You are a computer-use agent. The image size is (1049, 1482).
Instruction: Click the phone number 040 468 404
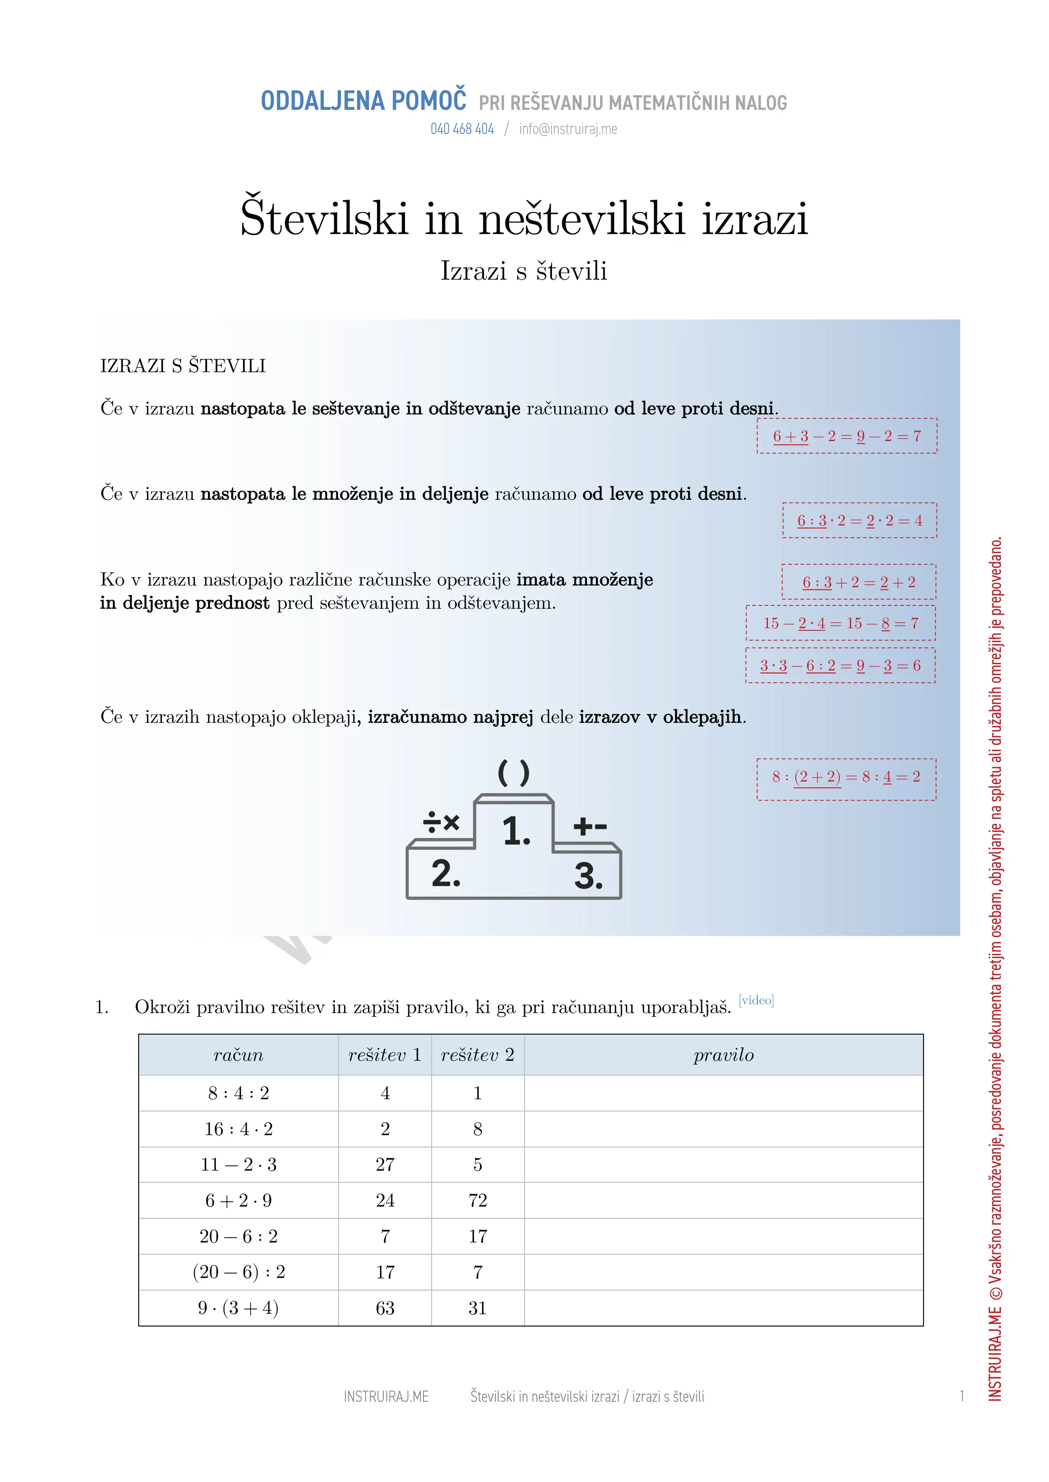462,129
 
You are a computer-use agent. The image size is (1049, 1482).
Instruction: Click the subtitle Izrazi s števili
524,271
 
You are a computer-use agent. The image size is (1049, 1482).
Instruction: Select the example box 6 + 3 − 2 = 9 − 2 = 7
847,436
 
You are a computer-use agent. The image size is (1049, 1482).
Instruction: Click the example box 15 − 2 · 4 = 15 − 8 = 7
840,624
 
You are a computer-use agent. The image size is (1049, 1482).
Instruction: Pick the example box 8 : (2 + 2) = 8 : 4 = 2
846,777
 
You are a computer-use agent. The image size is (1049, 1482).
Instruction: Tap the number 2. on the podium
446,874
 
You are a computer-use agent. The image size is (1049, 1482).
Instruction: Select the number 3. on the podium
588,877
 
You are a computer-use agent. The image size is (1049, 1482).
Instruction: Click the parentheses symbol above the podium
514,773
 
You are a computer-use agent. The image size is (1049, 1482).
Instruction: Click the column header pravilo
724,1055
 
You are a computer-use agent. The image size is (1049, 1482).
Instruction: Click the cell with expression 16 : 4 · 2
238,1129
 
